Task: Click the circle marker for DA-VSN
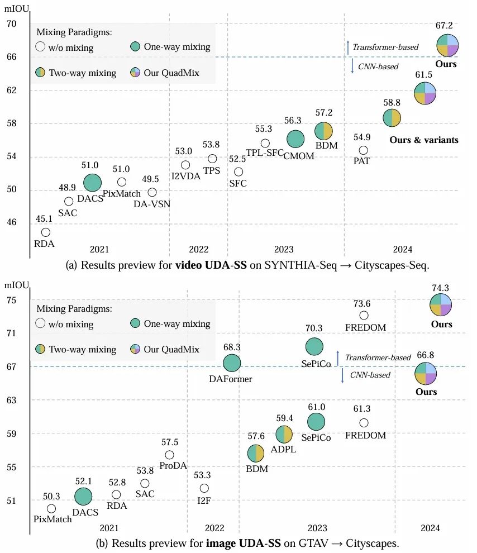click(152, 192)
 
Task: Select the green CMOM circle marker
click(295, 139)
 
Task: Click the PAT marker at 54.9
click(363, 150)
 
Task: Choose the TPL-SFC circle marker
click(265, 144)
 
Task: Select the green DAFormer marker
click(232, 364)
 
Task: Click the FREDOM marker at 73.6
click(364, 316)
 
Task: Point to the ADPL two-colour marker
click(284, 434)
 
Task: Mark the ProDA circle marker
click(169, 455)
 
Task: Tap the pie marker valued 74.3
click(441, 304)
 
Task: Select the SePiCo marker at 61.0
click(316, 422)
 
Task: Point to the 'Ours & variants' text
click(424, 140)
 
